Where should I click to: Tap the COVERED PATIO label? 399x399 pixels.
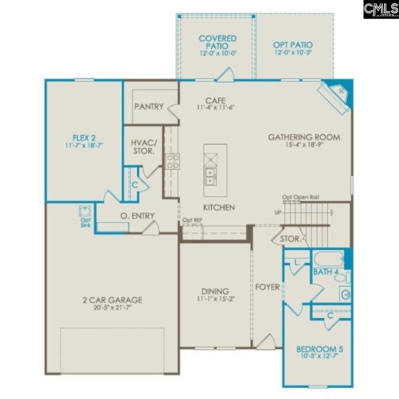(217, 42)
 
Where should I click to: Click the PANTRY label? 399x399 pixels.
(148, 107)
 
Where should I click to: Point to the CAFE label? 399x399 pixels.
(215, 101)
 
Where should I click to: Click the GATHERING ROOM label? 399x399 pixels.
(304, 137)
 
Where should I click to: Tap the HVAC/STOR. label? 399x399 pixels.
(143, 147)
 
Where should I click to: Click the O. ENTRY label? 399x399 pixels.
(137, 216)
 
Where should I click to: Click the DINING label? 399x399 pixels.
(214, 291)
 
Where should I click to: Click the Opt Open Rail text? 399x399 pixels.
(299, 197)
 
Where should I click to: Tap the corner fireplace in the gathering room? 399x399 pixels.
(338, 93)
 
